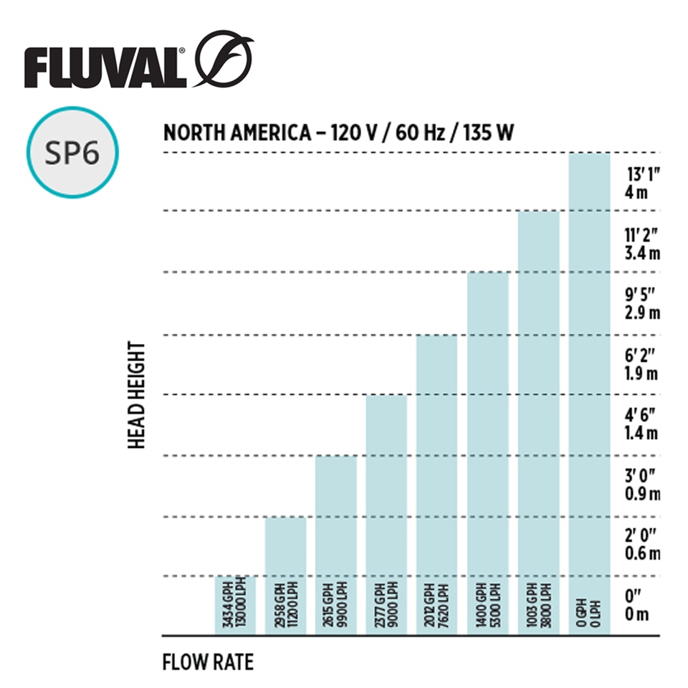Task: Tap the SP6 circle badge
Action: coord(72,153)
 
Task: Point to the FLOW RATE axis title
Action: coord(208,661)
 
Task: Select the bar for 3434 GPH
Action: coord(236,606)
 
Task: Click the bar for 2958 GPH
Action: coord(285,575)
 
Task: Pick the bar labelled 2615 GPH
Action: coord(335,545)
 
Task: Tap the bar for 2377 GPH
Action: coord(386,515)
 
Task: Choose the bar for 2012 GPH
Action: coord(436,484)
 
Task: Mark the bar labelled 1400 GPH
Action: coord(487,453)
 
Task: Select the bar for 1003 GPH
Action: coord(538,423)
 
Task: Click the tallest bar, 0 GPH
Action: coord(589,393)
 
